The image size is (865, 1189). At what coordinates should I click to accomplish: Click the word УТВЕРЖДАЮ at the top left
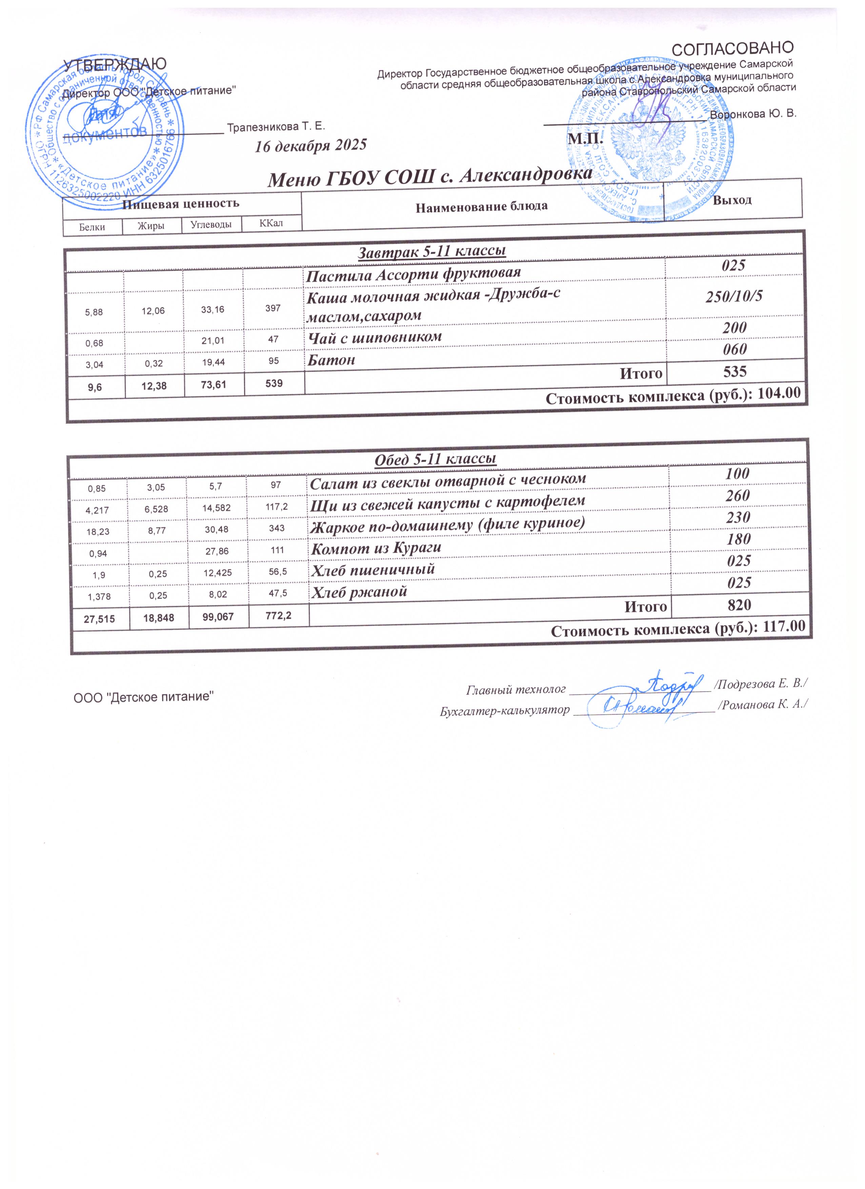pyautogui.click(x=115, y=64)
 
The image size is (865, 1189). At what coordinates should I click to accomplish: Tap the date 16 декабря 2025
pyautogui.click(x=310, y=145)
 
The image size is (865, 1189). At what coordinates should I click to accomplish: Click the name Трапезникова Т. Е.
pyautogui.click(x=276, y=126)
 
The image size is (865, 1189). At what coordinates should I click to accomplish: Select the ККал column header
pyautogui.click(x=271, y=223)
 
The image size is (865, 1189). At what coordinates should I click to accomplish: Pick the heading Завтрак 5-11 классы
pyautogui.click(x=431, y=251)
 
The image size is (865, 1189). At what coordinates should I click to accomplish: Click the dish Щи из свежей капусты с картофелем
pyautogui.click(x=447, y=502)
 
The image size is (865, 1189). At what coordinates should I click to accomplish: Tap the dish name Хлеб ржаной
pyautogui.click(x=359, y=592)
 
